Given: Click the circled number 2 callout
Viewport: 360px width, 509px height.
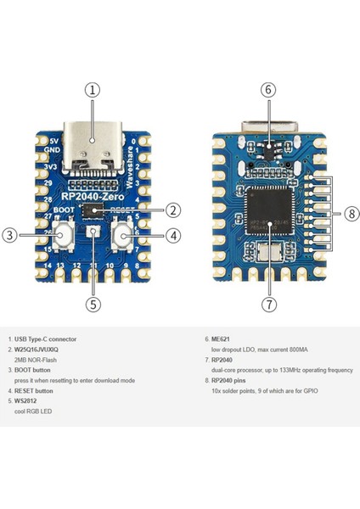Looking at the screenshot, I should coord(172,210).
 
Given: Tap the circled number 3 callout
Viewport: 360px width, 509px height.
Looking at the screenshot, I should coord(8,236).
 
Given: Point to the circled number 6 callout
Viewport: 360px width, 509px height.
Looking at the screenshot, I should coord(267,88).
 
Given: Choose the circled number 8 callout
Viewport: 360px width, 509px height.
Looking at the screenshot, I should coord(352,214).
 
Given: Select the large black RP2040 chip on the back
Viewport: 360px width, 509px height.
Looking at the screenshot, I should coord(268,214).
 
